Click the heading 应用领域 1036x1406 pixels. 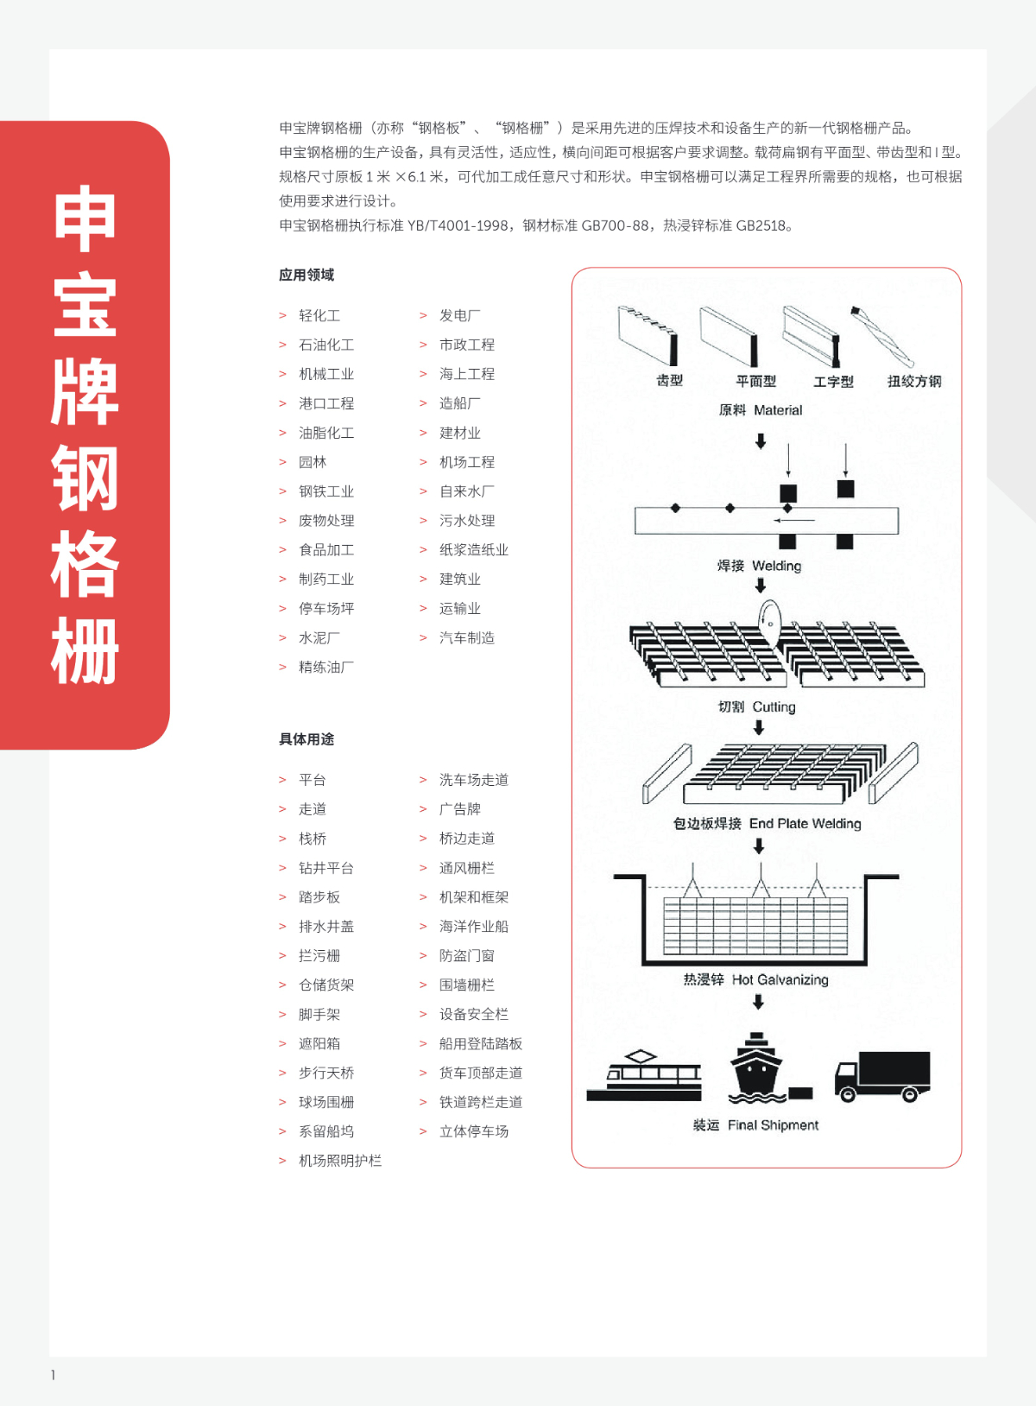tap(306, 275)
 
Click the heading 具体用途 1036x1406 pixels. tap(306, 740)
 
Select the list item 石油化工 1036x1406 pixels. tap(326, 345)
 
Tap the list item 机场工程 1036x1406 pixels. tap(467, 463)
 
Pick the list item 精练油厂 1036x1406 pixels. tap(326, 668)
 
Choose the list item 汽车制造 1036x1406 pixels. tap(467, 638)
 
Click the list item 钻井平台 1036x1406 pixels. tap(326, 869)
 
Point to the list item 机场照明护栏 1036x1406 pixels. tap(340, 1162)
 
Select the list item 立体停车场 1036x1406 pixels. tap(474, 1132)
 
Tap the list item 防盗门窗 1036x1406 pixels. tap(467, 956)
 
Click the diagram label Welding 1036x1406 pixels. tap(776, 567)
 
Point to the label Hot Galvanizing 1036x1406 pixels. tap(780, 980)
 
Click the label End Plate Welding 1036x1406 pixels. tap(805, 824)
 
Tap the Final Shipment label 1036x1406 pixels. tap(773, 1125)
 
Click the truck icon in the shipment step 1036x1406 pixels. tap(882, 1077)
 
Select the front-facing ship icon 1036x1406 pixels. tap(756, 1068)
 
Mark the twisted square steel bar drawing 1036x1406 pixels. tap(881, 337)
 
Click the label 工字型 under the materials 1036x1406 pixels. tap(833, 382)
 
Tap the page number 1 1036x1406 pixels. tap(54, 1375)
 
